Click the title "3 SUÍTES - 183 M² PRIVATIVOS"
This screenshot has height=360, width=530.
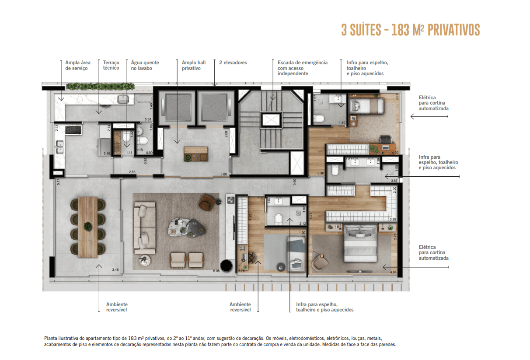[410, 30]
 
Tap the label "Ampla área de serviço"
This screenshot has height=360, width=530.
[77, 66]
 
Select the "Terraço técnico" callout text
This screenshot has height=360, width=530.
[111, 66]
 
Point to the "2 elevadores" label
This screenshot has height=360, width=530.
[233, 63]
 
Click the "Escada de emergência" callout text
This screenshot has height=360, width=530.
[302, 63]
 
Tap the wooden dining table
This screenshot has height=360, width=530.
[88, 227]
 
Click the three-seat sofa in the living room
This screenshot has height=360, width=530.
[145, 227]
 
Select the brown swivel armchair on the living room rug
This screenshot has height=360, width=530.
[206, 203]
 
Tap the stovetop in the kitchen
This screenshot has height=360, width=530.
[73, 130]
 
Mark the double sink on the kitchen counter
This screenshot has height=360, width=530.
[60, 150]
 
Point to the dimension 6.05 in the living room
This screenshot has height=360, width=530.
[216, 270]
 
